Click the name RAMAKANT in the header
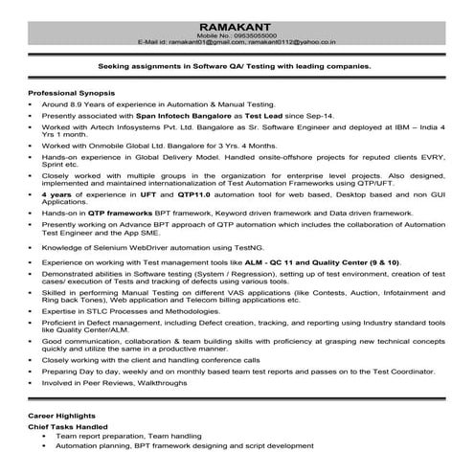point(236,21)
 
